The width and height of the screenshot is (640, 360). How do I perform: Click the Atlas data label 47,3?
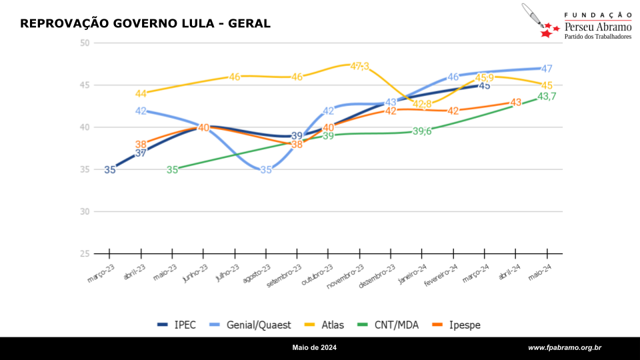[360, 66]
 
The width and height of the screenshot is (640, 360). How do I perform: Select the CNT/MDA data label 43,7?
[547, 97]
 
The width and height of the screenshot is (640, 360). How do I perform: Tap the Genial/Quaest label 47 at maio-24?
[547, 69]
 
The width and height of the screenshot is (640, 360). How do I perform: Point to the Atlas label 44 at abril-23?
[141, 94]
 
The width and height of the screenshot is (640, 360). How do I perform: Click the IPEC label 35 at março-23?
[110, 170]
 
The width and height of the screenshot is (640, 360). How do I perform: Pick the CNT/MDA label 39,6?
[422, 131]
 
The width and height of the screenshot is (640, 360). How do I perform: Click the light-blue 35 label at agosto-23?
[266, 170]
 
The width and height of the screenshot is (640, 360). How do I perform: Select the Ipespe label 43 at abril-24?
[515, 103]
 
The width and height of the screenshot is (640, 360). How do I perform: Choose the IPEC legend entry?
[177, 325]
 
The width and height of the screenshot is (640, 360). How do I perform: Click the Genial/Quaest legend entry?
[251, 325]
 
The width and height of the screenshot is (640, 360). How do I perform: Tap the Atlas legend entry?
[325, 325]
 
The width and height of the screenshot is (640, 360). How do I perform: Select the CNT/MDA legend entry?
[387, 325]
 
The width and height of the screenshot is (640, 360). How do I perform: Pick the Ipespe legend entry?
[458, 325]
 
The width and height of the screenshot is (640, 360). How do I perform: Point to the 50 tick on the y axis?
[84, 43]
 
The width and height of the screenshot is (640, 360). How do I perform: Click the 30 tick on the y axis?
[84, 212]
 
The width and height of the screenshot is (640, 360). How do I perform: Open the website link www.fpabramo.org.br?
[565, 348]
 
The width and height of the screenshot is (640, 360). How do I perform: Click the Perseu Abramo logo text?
[598, 27]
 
